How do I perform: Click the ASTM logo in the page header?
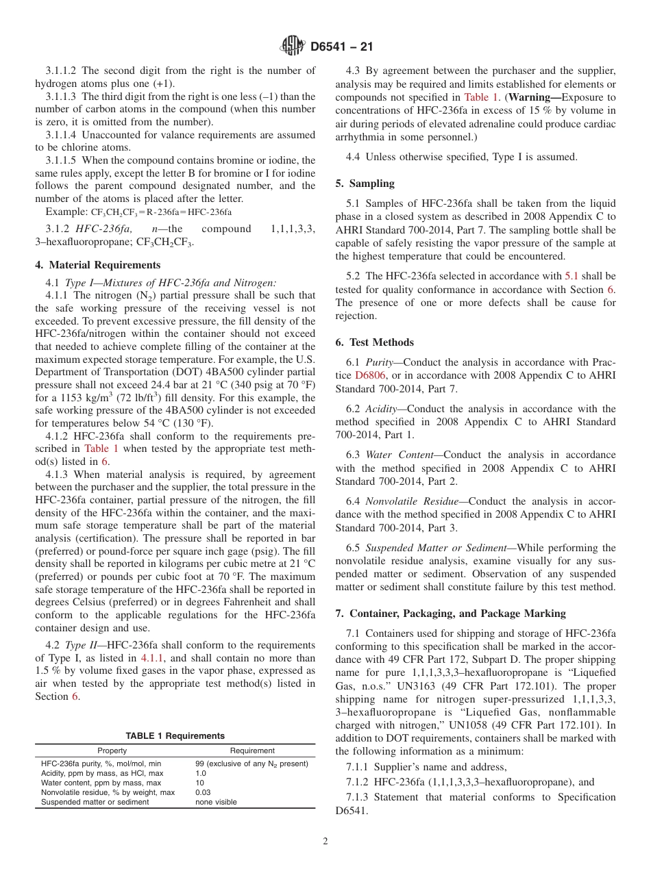pyautogui.click(x=293, y=47)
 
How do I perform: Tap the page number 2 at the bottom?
pyautogui.click(x=325, y=842)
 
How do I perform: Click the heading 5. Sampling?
pyautogui.click(x=365, y=183)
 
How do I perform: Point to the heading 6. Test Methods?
pyautogui.click(x=374, y=342)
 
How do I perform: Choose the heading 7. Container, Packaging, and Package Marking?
pyautogui.click(x=450, y=613)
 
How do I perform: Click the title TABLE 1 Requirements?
pyautogui.click(x=175, y=735)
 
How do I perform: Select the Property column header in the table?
pyautogui.click(x=112, y=750)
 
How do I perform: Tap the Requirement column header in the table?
pyautogui.click(x=252, y=750)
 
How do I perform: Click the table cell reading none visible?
pyautogui.click(x=216, y=802)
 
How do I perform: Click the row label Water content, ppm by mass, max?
pyautogui.click(x=101, y=783)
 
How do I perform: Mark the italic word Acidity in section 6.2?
pyautogui.click(x=380, y=409)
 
